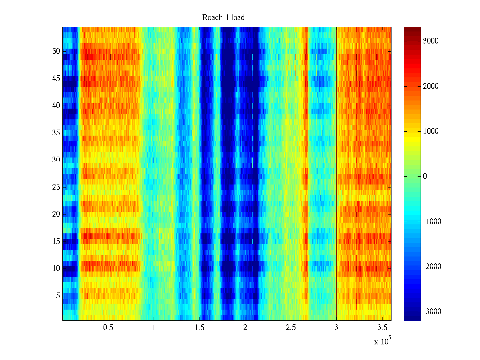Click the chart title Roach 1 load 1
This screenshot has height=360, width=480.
pos(226,18)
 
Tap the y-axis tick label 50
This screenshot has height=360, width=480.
pos(56,51)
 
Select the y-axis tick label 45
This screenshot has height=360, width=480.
pos(56,79)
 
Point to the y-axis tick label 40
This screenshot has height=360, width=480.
pos(56,106)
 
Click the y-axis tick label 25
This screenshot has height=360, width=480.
pos(56,187)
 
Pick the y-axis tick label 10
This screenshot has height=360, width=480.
pos(56,268)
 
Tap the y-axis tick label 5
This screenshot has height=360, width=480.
pos(58,296)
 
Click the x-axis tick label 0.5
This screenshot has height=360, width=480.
pos(108,328)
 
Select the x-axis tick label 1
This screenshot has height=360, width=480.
pos(154,328)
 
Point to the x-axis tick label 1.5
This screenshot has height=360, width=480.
pos(199,328)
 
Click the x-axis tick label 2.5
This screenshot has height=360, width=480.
pos(290,328)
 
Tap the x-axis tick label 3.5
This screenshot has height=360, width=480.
pos(382,328)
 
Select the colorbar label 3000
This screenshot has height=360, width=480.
pos(430,41)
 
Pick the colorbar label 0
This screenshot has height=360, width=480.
pos(425,176)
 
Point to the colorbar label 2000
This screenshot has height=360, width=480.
pos(430,86)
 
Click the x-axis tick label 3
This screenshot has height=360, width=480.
pos(336,328)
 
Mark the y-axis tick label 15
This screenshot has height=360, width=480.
pos(56,241)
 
